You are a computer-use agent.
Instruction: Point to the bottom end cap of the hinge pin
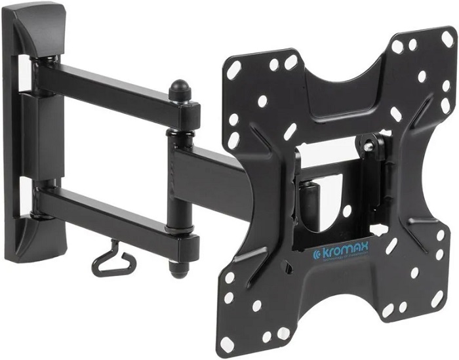[x=177, y=268]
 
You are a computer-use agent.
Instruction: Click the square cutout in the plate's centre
[x=334, y=197]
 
